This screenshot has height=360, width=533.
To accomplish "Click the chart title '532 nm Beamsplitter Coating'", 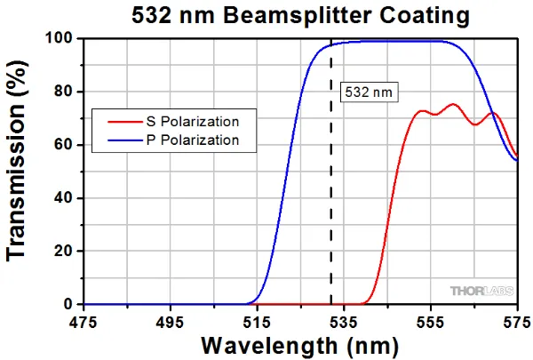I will (x=286, y=15).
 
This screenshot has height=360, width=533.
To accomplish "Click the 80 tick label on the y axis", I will (x=64, y=92).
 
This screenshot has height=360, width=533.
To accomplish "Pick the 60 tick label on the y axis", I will (x=64, y=145).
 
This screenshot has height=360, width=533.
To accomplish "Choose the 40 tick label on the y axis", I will (x=64, y=198).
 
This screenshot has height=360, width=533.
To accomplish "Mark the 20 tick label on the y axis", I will (x=64, y=252).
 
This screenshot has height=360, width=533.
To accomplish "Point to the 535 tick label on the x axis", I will (x=343, y=320).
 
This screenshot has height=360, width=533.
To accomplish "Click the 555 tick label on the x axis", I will (x=430, y=320).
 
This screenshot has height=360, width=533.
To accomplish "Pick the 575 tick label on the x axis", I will (x=515, y=320).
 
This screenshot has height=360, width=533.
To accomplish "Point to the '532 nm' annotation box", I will (x=367, y=91).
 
